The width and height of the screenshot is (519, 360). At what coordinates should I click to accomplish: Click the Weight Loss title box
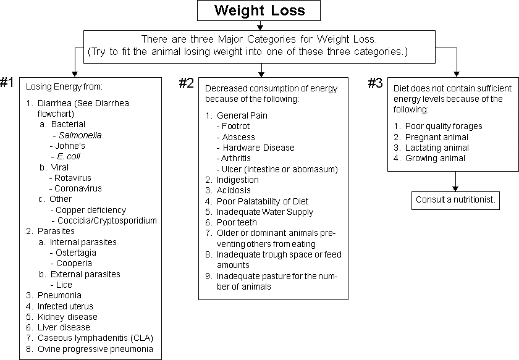pos(259,10)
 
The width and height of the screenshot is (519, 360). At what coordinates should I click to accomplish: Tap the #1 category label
pos(7,82)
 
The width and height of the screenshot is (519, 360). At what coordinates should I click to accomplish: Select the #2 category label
pos(187,83)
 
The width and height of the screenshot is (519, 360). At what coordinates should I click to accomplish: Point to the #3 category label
pos(376,83)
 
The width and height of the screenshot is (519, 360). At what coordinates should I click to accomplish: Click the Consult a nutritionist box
pos(455,200)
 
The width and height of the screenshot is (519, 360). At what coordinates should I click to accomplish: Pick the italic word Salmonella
pos(80,135)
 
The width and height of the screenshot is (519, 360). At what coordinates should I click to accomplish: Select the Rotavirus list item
pos(72,178)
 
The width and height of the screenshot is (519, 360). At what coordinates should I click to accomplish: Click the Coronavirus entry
pos(78,188)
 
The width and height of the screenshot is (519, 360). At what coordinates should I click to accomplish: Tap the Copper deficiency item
pos(91,210)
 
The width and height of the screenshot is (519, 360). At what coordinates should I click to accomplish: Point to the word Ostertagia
pos(76,253)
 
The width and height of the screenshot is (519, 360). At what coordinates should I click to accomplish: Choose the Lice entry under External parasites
pos(64,285)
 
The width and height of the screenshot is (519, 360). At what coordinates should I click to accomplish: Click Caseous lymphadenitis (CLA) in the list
pos(95,338)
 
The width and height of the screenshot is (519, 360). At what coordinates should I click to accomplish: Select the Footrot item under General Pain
pos(235,126)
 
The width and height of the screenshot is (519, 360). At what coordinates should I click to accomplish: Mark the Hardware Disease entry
pos(258,148)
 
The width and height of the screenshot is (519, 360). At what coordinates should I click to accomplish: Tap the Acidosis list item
pos(234,191)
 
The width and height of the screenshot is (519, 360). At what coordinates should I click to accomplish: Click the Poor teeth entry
pos(237,223)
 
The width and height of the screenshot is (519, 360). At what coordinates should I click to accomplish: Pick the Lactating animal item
pos(437,148)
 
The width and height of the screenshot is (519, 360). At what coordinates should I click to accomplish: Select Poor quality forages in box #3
pos(444,127)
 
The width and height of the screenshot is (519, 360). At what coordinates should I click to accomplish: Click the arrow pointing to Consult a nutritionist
pos(455,182)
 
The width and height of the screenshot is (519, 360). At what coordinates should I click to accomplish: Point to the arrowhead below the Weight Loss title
pos(260,27)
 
